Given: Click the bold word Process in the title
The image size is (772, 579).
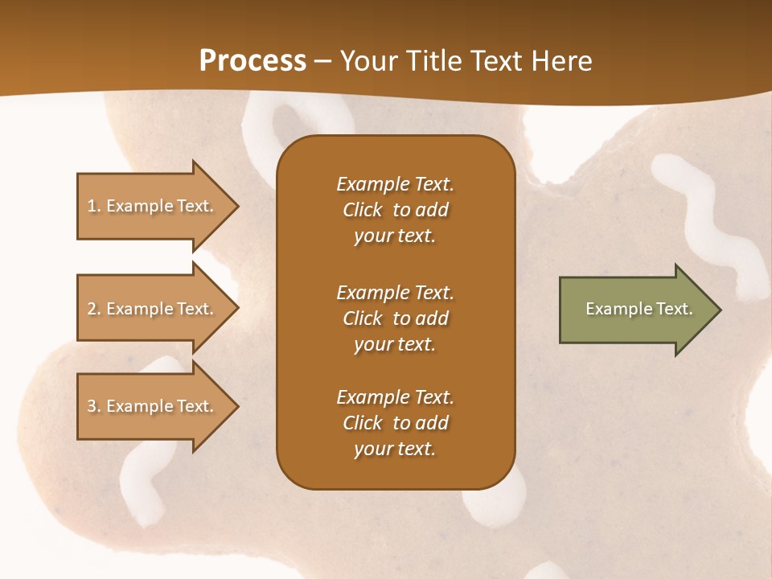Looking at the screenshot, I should (x=253, y=61).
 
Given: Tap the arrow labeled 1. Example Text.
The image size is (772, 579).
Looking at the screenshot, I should (x=153, y=206).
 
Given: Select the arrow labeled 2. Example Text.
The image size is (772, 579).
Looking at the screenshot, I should (x=153, y=309).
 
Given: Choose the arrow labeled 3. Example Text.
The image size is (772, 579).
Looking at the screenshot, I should (x=153, y=406).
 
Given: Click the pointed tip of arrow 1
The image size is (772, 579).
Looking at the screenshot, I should (x=236, y=206).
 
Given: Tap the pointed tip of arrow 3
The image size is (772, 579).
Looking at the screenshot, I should (x=236, y=406).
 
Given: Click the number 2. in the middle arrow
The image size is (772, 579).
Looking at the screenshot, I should (x=93, y=309).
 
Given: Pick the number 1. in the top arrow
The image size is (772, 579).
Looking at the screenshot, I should (x=93, y=206).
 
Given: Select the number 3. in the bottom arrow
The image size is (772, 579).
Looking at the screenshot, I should (x=93, y=406).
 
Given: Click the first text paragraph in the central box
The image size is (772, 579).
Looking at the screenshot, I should (x=395, y=210).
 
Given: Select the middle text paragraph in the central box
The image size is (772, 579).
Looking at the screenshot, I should (x=395, y=318).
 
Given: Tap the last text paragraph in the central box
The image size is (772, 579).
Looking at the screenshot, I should (x=395, y=423).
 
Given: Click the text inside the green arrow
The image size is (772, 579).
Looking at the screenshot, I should (x=639, y=309).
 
